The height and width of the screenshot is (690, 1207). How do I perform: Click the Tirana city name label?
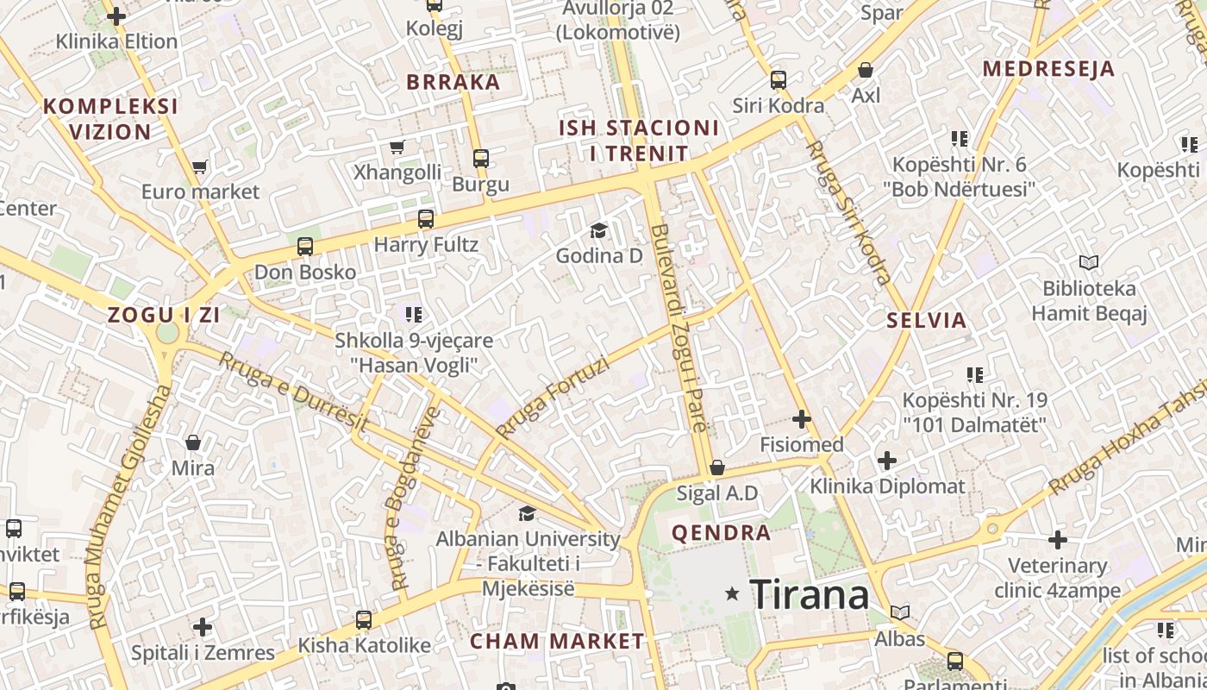(810, 594)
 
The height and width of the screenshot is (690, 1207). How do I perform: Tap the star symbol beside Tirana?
(732, 593)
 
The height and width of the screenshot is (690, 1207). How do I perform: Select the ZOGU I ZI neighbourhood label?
(164, 315)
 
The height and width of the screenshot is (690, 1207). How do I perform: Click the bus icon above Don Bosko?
(304, 247)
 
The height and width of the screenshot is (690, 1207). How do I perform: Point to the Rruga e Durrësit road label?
(293, 392)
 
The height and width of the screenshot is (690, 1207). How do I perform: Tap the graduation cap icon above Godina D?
(598, 230)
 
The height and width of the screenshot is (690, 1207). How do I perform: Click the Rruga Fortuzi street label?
(553, 397)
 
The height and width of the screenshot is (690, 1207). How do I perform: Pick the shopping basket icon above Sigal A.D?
(716, 467)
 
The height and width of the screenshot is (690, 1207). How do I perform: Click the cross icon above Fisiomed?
(802, 420)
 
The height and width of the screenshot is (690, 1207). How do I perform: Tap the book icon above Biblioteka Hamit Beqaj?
(1089, 262)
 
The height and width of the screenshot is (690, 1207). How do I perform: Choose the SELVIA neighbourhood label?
(927, 321)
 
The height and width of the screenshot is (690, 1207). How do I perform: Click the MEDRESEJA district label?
(1048, 69)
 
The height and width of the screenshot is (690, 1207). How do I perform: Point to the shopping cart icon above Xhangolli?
(397, 147)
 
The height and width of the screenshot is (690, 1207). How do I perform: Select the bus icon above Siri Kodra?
(778, 80)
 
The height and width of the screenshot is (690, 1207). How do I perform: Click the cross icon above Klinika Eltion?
(116, 16)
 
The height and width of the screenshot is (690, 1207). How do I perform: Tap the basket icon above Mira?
(193, 442)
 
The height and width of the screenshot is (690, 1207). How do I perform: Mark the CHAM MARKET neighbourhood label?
(557, 641)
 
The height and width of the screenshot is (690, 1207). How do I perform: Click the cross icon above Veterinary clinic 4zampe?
(1058, 541)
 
